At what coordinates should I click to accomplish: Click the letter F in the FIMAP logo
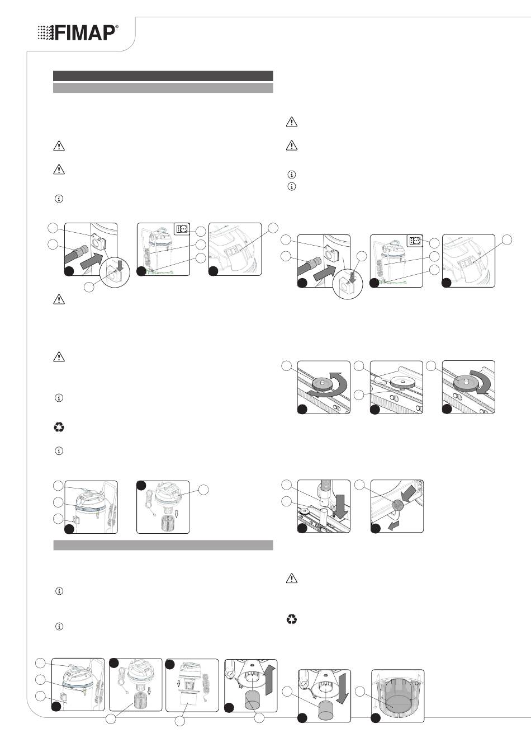click(x=60, y=33)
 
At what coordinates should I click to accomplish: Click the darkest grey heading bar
click(x=163, y=76)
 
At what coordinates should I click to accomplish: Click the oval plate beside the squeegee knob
click(x=382, y=379)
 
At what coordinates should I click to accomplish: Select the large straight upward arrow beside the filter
click(x=269, y=680)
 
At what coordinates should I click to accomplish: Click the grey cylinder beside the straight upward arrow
click(x=253, y=699)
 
